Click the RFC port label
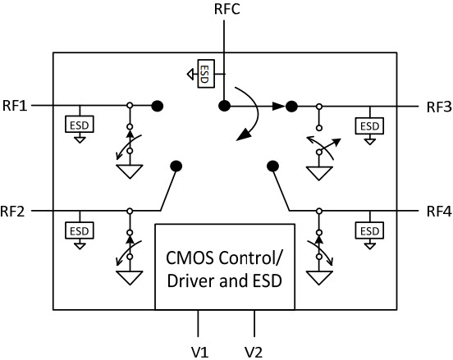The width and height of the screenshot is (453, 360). [227, 9]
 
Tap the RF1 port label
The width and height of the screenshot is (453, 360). [15, 106]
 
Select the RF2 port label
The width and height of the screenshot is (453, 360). [12, 212]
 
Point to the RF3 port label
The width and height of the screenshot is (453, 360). [439, 107]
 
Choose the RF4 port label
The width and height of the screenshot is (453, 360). [439, 212]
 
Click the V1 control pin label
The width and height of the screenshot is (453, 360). [199, 352]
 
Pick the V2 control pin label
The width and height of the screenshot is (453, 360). [254, 352]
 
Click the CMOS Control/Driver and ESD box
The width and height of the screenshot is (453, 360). [225, 267]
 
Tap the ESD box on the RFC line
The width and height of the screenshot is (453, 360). [206, 74]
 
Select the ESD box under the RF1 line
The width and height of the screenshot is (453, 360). [80, 124]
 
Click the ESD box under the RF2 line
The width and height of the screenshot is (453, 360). [80, 230]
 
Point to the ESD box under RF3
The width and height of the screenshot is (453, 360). [369, 125]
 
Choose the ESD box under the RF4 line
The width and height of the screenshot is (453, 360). [369, 230]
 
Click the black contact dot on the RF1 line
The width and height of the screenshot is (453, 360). [158, 106]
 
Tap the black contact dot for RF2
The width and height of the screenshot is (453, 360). [176, 166]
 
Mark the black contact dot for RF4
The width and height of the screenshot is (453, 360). [272, 166]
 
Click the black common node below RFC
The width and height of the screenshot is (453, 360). [225, 106]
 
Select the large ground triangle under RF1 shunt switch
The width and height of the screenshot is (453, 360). [130, 171]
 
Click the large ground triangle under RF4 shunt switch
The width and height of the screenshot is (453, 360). [319, 277]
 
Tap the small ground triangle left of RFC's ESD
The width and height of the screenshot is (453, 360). [190, 75]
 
